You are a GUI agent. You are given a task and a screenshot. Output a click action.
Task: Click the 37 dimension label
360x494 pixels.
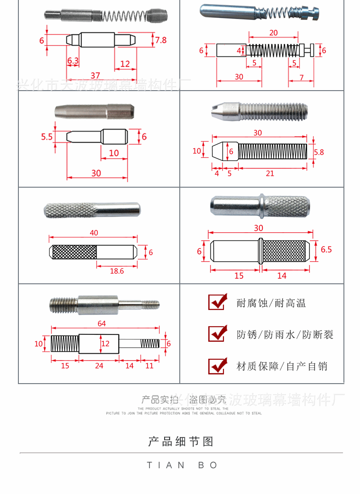pos(95,75)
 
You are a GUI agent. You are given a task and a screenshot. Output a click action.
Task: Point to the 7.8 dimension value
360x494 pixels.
pos(161,40)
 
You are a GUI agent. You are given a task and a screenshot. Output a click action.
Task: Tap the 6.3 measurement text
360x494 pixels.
pos(73,61)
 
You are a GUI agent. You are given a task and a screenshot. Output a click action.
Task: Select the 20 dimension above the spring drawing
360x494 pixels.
pos(274,33)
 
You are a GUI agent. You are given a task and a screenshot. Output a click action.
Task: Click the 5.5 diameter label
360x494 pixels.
pos(46,137)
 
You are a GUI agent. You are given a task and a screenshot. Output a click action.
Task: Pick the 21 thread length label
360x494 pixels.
pos(270,173)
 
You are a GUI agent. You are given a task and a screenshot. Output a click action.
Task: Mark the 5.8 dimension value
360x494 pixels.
pos(319,152)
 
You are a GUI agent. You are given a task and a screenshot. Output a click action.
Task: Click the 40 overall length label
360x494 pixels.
pos(94,233)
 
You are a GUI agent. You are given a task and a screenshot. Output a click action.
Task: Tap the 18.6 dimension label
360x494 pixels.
pos(117,271)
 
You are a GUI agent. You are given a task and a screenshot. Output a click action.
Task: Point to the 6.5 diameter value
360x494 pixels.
pos(326,250)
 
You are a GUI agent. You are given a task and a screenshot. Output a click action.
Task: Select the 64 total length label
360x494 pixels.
pos(102,324)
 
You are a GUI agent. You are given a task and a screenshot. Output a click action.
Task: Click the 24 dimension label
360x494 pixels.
pos(99,366)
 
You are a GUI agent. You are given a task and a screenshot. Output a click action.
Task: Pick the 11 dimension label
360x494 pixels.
pos(149,366)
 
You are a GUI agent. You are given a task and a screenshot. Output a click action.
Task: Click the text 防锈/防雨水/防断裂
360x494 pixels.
pos(285,335)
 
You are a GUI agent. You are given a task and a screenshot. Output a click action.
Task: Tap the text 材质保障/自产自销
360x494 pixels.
pos(282,366)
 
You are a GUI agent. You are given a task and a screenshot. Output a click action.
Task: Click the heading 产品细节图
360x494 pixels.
pos(181,442)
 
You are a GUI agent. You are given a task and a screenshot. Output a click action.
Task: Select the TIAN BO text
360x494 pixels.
pos(183,465)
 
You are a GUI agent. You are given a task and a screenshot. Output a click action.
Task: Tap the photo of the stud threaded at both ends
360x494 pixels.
pos(104,304)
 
